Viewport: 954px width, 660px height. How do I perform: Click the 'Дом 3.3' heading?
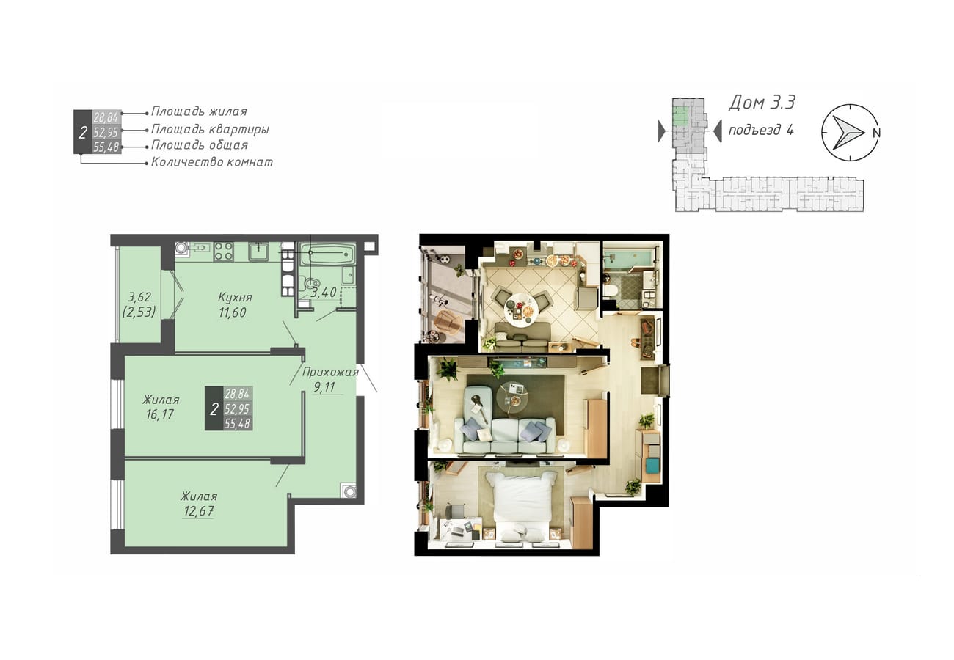762,103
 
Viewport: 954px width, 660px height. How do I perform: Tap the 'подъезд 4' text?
761,130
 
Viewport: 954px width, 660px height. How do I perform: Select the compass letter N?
876,133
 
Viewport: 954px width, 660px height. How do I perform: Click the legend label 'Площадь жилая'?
199,111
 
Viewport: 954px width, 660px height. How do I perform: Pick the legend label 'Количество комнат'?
211,162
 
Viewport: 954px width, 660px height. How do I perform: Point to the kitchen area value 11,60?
232,312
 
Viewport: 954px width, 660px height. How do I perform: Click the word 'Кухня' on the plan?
235,297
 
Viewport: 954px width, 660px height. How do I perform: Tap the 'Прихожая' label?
330,373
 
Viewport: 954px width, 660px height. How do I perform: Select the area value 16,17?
160,414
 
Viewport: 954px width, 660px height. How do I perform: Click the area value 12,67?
198,510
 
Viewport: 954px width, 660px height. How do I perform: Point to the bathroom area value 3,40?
324,293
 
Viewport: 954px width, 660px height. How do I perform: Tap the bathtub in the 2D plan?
327,254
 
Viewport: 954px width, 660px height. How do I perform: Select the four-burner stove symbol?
223,251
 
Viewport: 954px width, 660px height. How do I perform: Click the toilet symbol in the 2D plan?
310,282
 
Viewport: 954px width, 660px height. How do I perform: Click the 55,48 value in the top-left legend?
106,147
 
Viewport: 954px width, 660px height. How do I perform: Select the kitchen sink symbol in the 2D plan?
258,252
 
